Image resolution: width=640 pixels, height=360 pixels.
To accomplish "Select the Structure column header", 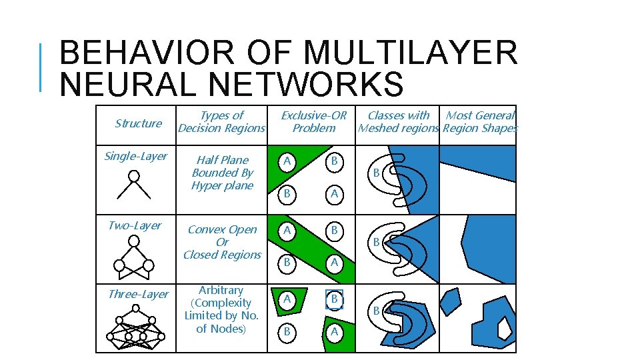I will [138, 123].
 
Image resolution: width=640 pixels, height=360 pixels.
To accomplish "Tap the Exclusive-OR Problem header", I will [313, 121].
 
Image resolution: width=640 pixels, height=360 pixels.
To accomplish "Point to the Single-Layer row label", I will [135, 156].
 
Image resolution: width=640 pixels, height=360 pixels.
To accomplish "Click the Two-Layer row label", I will [134, 225].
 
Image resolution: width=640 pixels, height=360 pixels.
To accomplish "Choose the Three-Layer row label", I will [138, 294].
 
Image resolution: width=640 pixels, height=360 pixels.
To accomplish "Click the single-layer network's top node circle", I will [134, 176].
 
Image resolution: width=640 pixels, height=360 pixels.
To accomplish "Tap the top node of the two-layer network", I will [134, 245].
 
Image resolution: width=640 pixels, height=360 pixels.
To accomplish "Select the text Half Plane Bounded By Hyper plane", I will [222, 173].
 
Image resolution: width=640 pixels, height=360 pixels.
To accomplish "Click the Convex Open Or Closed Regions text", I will [222, 242].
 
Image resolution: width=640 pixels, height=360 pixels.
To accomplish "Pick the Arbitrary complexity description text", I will [221, 309].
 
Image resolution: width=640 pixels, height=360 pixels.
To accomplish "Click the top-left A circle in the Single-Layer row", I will [287, 161].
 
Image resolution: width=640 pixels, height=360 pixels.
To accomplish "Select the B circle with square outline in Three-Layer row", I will [335, 300].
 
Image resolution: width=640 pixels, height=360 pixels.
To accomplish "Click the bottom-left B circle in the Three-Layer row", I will [287, 331].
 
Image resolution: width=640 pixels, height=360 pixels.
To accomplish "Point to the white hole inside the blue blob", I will [505, 327].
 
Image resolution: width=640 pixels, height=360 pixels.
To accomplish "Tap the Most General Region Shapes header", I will [479, 121].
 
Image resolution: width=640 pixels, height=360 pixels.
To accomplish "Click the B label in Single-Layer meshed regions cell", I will [376, 173].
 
